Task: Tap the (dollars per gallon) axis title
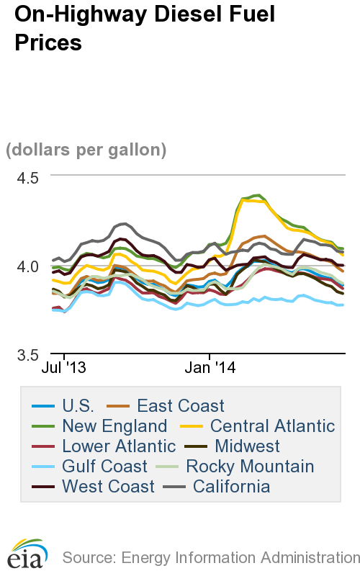point(86,150)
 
